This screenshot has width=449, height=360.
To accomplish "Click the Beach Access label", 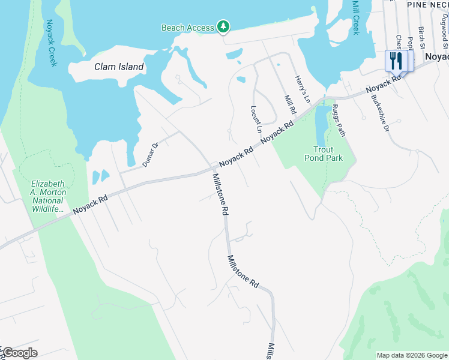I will point(187,28).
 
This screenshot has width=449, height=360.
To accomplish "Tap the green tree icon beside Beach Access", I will point(223,26).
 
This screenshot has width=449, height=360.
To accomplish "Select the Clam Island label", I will point(119,67).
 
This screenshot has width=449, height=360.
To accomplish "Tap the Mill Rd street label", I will point(290,105).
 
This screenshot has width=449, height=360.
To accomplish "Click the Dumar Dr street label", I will point(149,154).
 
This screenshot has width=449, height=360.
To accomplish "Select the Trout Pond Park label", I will point(328,154).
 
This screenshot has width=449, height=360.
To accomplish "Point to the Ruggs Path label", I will point(339,121).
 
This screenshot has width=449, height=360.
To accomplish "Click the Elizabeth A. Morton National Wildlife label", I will point(49,196).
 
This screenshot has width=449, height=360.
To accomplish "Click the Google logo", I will point(19,353).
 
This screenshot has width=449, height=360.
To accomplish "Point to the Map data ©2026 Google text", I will point(412,355).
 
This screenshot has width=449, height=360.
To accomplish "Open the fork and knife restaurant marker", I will point(396,61).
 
